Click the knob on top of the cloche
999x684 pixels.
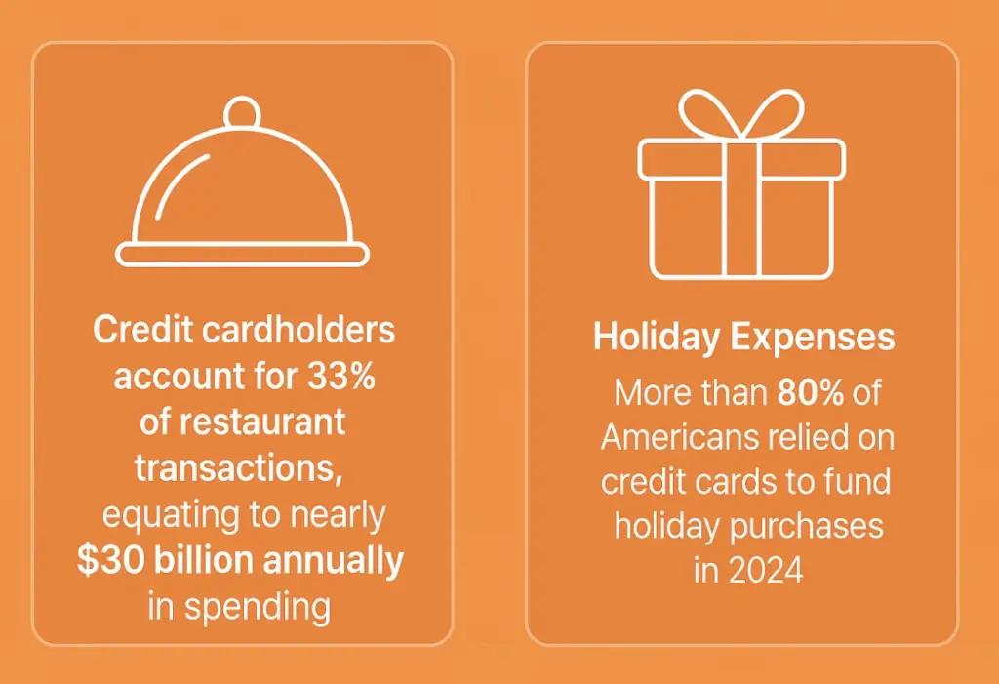click(242, 114)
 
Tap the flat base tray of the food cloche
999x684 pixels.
click(243, 256)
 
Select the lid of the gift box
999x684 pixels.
click(741, 158)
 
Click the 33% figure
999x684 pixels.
click(341, 376)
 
